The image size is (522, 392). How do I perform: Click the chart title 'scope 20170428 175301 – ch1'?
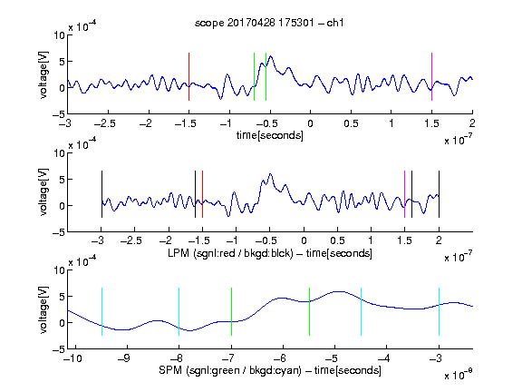click(x=269, y=23)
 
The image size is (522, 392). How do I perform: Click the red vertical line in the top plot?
click(x=188, y=76)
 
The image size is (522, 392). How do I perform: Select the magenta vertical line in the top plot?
click(x=431, y=76)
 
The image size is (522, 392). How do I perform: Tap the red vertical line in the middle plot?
click(x=202, y=194)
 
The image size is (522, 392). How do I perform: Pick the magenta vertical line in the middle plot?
click(x=404, y=194)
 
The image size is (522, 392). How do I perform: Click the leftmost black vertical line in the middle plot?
click(x=101, y=194)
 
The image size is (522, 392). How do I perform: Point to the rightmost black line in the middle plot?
click(x=439, y=194)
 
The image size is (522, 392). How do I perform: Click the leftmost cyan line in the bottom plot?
click(x=101, y=311)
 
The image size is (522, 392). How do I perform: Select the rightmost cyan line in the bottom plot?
click(x=439, y=311)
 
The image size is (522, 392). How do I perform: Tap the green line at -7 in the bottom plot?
click(x=231, y=311)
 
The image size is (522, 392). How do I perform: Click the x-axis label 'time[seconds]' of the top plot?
click(x=270, y=136)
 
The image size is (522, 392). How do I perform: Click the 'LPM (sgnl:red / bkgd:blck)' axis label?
click(x=230, y=253)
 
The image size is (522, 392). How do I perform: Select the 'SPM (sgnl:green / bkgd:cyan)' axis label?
click(x=230, y=370)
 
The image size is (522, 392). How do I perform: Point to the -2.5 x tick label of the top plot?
click(x=105, y=123)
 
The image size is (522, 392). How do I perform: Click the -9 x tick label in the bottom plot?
click(x=124, y=358)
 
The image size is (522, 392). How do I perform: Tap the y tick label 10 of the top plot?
click(x=59, y=35)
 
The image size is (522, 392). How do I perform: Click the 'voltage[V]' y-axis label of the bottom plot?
click(x=43, y=309)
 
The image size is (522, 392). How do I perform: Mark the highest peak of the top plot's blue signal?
click(x=270, y=56)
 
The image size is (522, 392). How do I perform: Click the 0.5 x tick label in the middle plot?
click(x=337, y=240)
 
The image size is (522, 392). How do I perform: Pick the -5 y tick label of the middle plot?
click(x=59, y=232)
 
